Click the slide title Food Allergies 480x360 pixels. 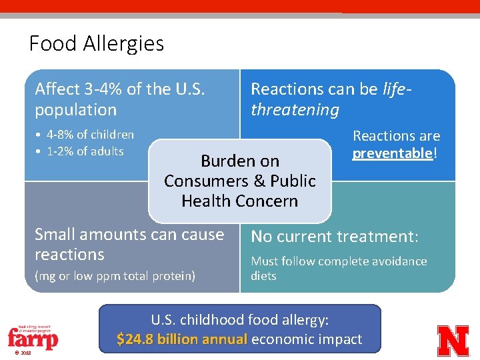tap(97, 44)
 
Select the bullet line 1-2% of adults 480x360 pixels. tap(84, 151)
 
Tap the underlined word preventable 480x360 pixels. tap(393, 153)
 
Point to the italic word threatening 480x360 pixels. tap(295, 110)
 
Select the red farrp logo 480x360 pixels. tap(33, 337)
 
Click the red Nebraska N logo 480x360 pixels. tap(453, 339)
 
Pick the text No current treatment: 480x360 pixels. tap(334, 237)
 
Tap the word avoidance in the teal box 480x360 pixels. tap(398, 261)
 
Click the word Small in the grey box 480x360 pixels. tap(55, 235)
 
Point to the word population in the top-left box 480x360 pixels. tap(75, 110)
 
